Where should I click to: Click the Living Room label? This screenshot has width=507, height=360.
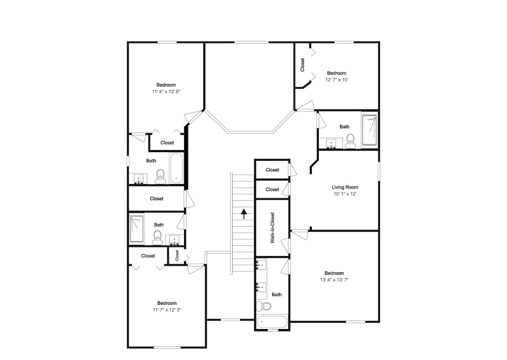345,187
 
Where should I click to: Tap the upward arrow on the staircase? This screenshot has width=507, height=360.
244,214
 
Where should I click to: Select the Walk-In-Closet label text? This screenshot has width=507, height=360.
272,228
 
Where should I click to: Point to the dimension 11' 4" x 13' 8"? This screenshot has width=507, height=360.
166,92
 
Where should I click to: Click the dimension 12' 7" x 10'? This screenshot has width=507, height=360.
337,80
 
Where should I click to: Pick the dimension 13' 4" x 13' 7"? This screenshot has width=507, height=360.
334,280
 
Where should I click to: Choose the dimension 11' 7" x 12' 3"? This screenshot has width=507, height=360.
167,309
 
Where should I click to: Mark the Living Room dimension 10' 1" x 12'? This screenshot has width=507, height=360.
345,194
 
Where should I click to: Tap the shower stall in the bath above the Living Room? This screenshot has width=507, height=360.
369,130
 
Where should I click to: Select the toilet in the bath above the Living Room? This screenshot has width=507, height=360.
350,141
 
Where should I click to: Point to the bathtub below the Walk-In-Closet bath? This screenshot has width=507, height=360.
272,322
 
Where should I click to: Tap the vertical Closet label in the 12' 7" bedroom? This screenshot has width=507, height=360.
302,65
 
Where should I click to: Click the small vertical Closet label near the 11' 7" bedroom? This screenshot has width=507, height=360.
177,255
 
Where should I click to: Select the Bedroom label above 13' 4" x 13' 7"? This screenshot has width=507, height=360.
334,273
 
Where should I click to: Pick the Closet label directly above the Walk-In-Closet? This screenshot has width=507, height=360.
272,189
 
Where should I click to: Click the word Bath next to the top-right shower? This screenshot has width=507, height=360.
344,126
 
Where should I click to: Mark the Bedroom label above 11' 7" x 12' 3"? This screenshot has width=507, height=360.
167,303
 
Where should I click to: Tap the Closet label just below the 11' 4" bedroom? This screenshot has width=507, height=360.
167,142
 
